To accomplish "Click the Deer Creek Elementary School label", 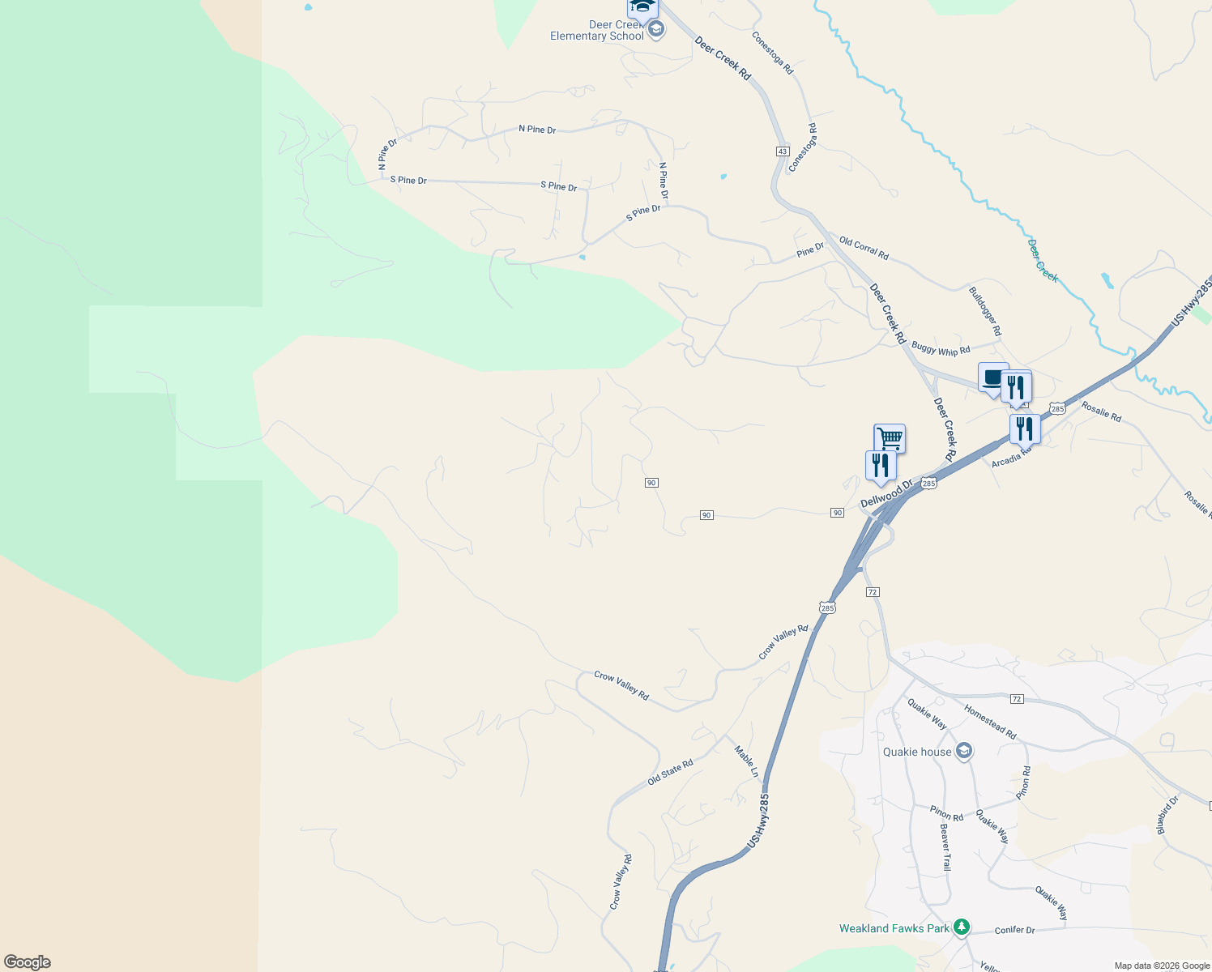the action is [x=597, y=31].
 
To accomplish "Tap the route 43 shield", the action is [x=782, y=151].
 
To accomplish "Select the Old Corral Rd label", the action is [x=864, y=249].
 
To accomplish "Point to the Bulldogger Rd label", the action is [x=985, y=311].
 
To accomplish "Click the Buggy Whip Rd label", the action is [x=941, y=349].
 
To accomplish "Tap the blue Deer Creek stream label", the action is [x=1043, y=260].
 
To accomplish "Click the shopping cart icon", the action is [x=890, y=438].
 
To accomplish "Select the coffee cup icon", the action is [x=992, y=377].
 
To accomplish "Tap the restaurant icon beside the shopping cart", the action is [x=880, y=466].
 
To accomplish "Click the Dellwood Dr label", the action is [x=886, y=493].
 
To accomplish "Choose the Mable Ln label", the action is [x=747, y=761].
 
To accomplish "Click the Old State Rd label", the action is [x=670, y=772].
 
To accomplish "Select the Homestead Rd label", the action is [x=990, y=721].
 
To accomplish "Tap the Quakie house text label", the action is [x=917, y=752].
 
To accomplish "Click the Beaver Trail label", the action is [x=945, y=847].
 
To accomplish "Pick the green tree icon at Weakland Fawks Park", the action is [x=962, y=927].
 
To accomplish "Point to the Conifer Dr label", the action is [x=1014, y=930].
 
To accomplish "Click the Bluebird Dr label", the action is [x=1167, y=815].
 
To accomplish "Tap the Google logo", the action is [x=28, y=962].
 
